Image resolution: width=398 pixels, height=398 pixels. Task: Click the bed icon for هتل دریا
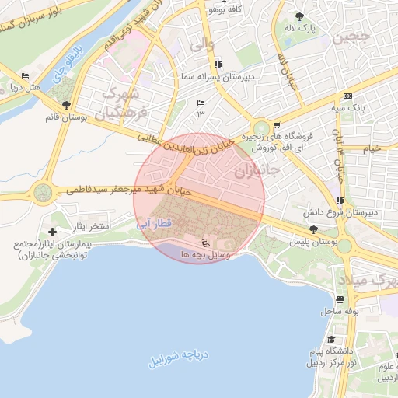pos(26,75)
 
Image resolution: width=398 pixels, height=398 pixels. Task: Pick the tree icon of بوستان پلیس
pos(312,230)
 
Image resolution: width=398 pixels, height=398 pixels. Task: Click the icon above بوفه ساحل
pos(339,299)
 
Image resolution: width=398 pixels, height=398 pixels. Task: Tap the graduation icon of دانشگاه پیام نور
pos(332,340)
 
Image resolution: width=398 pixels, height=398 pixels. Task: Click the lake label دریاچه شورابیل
pos(180,358)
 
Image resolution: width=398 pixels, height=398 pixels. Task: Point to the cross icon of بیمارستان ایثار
pos(52,232)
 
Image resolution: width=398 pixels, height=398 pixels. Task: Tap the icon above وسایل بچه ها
pos(204,242)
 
